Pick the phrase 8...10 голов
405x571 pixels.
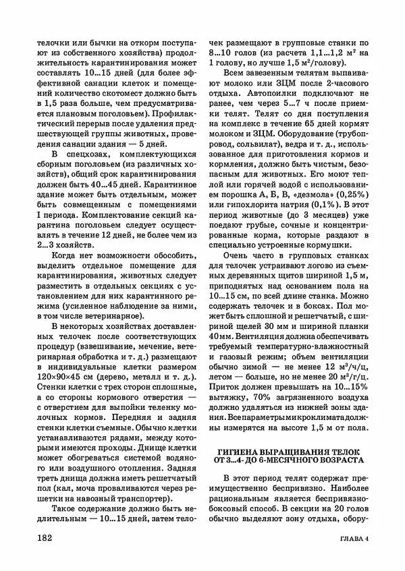234,51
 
